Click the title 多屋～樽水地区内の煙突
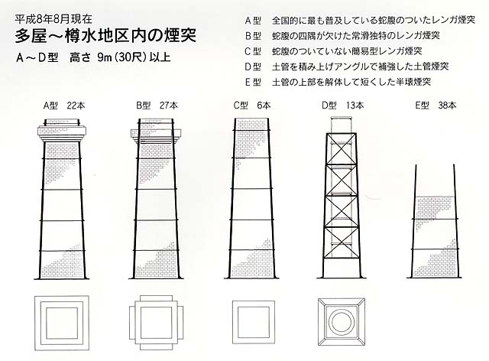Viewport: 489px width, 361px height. [105, 36]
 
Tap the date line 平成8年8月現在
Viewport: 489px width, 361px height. [53, 19]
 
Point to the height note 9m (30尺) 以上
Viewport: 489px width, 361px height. [134, 58]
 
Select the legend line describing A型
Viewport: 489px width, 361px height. [360, 21]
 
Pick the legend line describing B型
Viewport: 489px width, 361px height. [342, 36]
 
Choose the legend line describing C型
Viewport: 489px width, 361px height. [333, 51]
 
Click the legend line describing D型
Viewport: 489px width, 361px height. [346, 67]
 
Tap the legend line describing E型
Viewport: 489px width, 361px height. [338, 82]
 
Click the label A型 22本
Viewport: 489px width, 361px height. [64, 106]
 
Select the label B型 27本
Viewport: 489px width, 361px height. [157, 106]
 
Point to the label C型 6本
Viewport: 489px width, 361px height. [252, 106]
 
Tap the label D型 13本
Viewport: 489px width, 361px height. [343, 106]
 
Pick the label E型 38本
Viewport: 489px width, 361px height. [436, 106]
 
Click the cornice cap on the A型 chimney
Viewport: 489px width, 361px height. [62, 131]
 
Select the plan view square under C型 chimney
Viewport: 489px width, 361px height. [254, 322]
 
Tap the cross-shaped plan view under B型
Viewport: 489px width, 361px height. [156, 323]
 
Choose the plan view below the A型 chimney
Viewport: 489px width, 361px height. [62, 323]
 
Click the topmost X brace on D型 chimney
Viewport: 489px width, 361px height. [342, 149]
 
